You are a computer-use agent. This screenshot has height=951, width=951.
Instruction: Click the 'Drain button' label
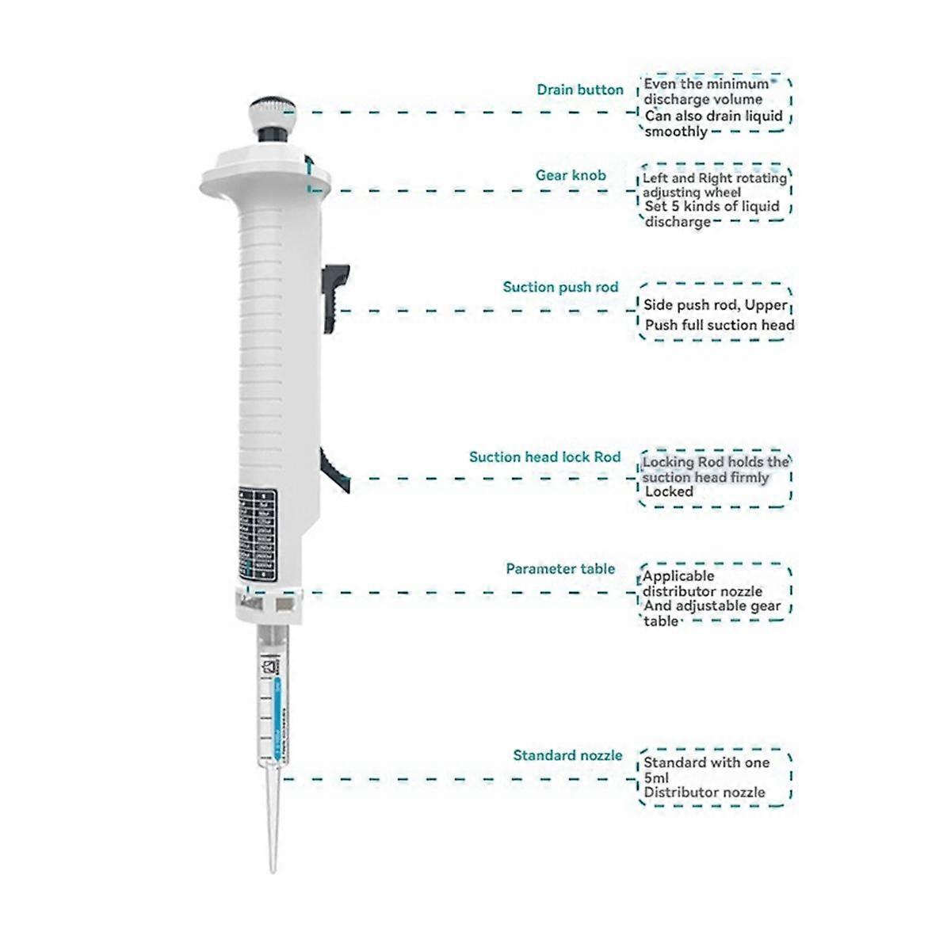click(579, 90)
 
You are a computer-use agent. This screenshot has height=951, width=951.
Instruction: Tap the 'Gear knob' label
click(570, 175)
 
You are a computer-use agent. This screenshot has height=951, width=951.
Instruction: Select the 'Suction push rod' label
click(560, 287)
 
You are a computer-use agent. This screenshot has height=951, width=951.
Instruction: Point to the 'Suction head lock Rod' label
click(544, 457)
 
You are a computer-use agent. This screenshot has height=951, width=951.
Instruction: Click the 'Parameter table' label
click(560, 569)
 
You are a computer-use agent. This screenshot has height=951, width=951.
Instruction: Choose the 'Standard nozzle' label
click(567, 755)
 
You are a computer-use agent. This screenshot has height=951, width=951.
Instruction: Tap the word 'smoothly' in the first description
click(675, 132)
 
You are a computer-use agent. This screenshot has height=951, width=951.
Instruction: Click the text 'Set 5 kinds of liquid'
click(712, 207)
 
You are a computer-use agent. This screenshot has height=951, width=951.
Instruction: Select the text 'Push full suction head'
click(719, 325)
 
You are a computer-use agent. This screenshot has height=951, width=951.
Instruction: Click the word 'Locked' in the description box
click(669, 492)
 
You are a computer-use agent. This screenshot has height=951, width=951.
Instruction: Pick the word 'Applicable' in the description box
click(678, 576)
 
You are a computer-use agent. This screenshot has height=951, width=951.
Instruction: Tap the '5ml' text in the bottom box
click(656, 777)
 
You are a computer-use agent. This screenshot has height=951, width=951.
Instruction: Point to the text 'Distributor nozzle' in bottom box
click(704, 792)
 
